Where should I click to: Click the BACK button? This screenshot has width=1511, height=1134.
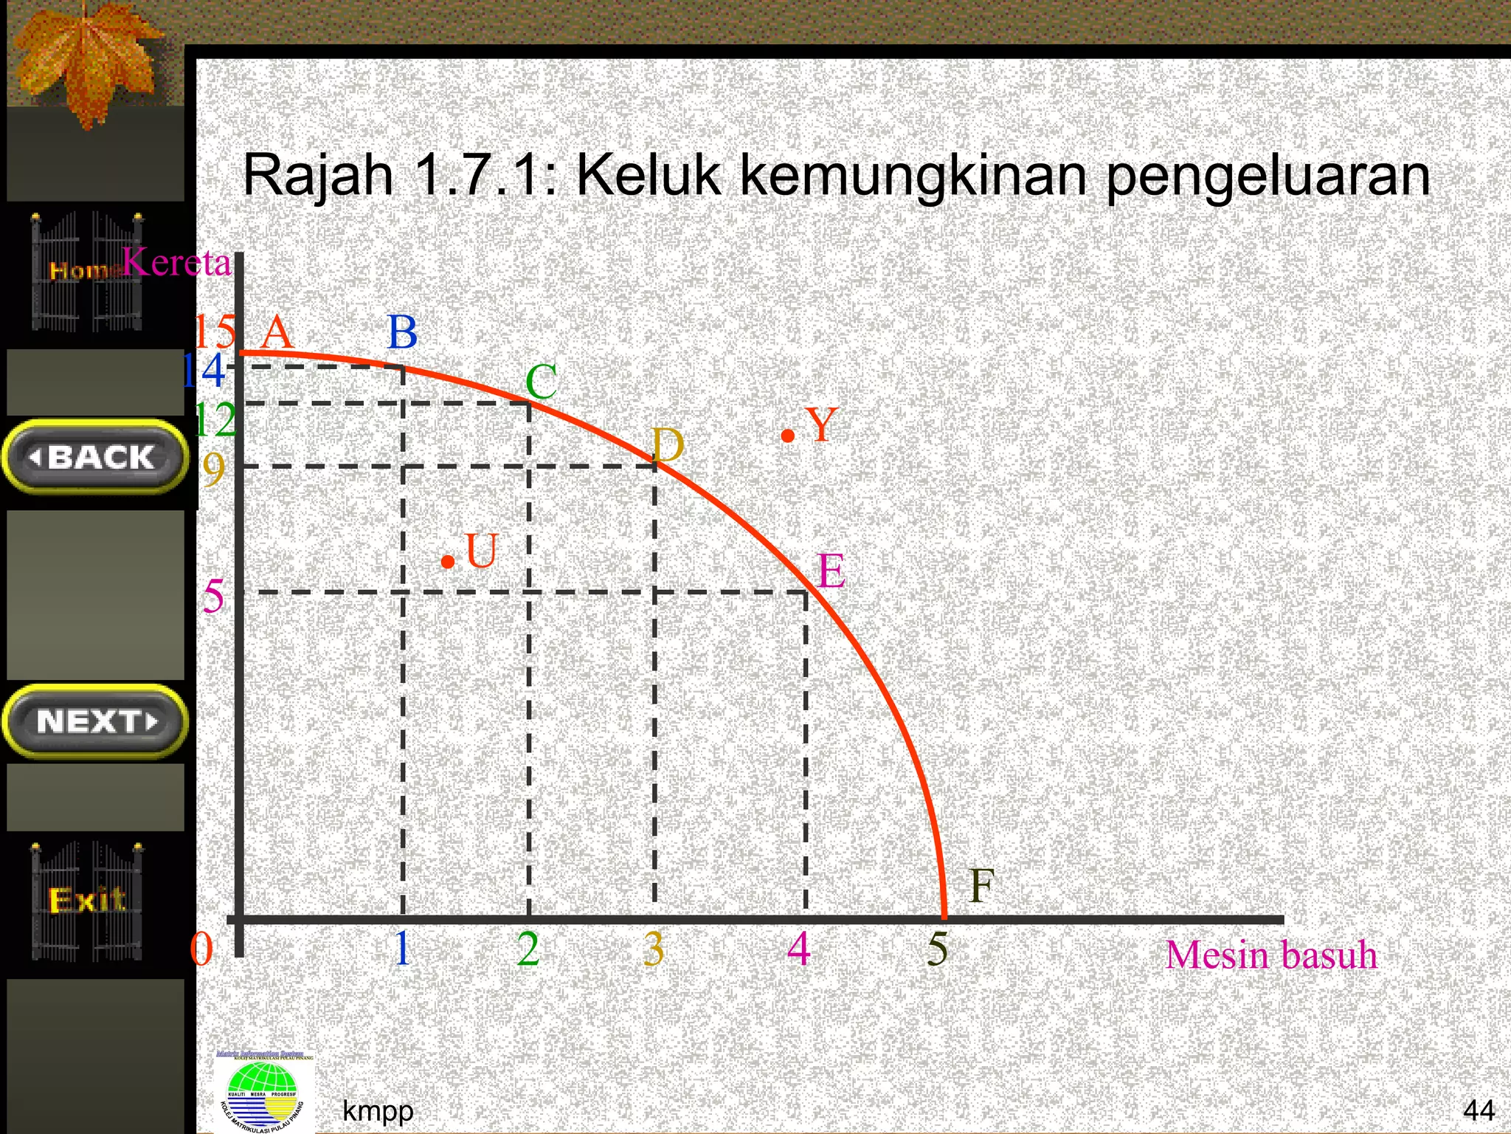pos(94,457)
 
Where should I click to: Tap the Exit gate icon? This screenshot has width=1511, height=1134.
pos(87,901)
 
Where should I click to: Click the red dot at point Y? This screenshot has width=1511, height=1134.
pos(788,436)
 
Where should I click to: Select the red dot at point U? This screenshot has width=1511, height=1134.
pos(447,563)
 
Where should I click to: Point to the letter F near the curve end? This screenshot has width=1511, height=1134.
pos(981,885)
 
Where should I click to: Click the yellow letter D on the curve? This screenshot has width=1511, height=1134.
pos(668,446)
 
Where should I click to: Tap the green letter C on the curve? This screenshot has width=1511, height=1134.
pos(542,382)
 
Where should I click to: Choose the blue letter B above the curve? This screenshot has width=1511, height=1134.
pos(403,332)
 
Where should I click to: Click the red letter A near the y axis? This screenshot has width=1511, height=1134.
pos(277,332)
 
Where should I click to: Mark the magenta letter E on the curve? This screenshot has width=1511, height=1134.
pos(831,571)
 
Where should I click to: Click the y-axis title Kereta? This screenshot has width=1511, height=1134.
pos(177,262)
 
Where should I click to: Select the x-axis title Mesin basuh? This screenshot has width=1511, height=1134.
pos(1271,955)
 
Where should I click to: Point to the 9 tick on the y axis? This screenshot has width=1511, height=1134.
pos(213,469)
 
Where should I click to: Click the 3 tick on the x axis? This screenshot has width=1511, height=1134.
pos(654,949)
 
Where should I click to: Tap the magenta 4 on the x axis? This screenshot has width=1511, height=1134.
pos(799,949)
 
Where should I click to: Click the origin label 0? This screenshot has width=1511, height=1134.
pos(201,949)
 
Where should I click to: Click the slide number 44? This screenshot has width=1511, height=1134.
pos(1479,1110)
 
